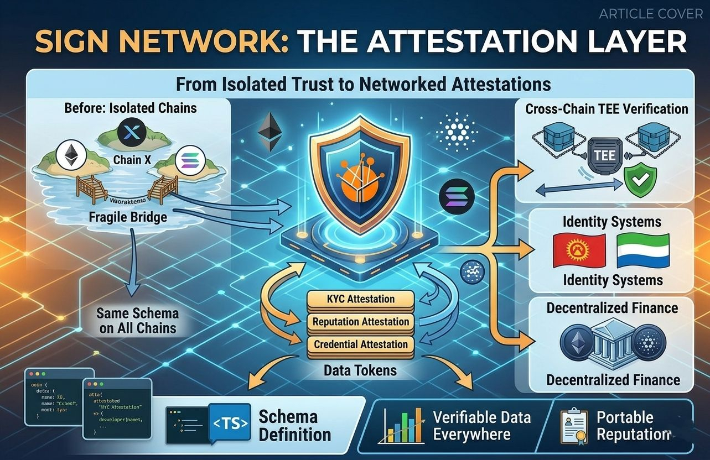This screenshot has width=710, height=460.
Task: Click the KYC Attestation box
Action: tap(360, 299)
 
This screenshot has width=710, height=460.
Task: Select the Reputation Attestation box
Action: tap(360, 322)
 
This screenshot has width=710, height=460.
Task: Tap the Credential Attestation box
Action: tap(360, 344)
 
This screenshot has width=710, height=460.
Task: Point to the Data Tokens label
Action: tap(360, 370)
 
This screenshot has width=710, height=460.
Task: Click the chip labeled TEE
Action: tap(604, 155)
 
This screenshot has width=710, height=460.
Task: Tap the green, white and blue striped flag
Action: tap(643, 251)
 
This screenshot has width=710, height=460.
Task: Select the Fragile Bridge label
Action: tap(128, 217)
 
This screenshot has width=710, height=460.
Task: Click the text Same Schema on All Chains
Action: tap(137, 321)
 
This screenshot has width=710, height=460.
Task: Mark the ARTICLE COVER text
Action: tap(650, 13)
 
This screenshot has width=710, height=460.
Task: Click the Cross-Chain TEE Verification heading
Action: tap(607, 108)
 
